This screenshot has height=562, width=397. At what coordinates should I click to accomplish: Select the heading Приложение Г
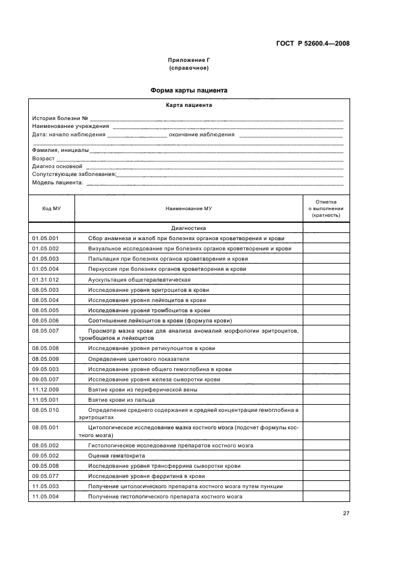click(x=189, y=61)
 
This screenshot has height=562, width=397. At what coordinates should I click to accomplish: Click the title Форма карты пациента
click(x=189, y=91)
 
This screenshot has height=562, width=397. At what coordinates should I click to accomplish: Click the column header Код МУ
click(x=51, y=208)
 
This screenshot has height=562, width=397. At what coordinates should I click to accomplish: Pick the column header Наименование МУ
click(x=189, y=208)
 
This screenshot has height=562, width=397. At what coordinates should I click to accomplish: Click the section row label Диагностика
click(x=189, y=228)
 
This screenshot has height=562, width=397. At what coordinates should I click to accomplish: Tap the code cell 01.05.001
click(x=46, y=238)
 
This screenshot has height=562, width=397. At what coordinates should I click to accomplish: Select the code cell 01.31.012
click(x=46, y=280)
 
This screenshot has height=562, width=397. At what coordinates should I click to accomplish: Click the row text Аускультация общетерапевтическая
click(x=139, y=280)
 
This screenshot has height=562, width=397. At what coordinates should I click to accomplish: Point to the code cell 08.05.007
click(x=46, y=331)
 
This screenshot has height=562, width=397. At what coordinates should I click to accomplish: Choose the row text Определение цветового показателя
click(x=142, y=358)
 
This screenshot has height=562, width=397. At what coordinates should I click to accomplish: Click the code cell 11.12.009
click(x=46, y=390)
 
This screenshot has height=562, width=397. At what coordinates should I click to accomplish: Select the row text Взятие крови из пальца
click(x=122, y=400)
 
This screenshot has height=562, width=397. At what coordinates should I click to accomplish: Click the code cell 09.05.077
click(x=46, y=476)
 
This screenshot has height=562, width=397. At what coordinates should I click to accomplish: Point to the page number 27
click(x=347, y=513)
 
